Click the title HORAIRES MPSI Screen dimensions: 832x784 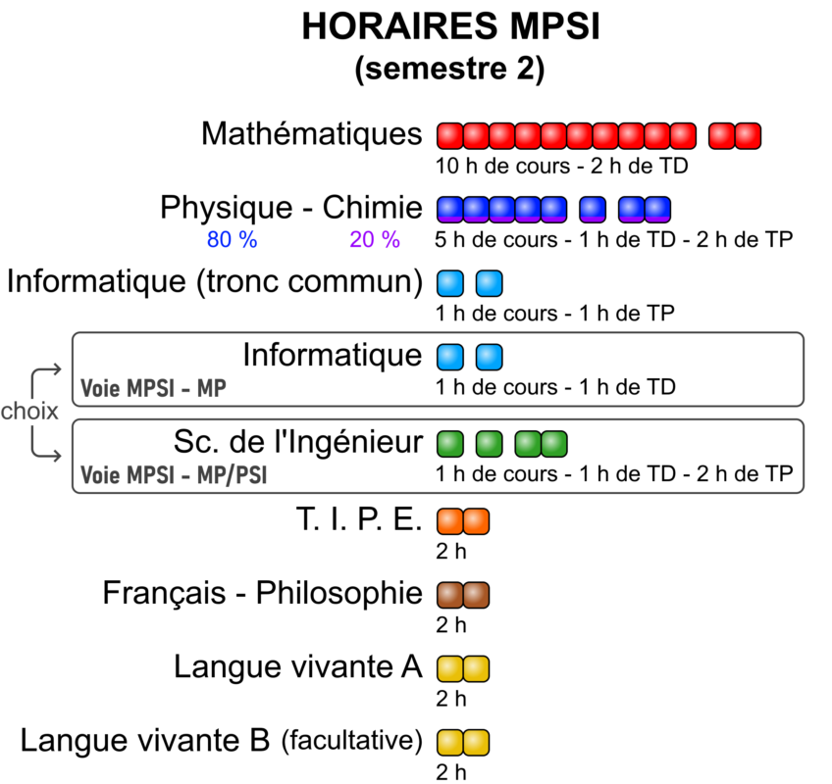pyautogui.click(x=450, y=26)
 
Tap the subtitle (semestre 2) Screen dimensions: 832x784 pyautogui.click(x=450, y=69)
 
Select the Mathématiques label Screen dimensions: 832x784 pyautogui.click(x=312, y=133)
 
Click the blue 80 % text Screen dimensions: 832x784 pyautogui.click(x=232, y=239)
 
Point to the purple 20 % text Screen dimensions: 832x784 pyautogui.click(x=375, y=239)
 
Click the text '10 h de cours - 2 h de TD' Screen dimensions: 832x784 pyautogui.click(x=562, y=166)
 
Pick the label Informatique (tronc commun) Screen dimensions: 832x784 pyautogui.click(x=215, y=281)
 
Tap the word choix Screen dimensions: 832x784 pyautogui.click(x=29, y=412)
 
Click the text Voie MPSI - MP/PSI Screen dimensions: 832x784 pyautogui.click(x=174, y=475)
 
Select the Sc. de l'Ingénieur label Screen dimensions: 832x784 pyautogui.click(x=298, y=442)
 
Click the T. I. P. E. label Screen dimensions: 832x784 pyautogui.click(x=359, y=519)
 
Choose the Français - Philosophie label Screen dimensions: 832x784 pyautogui.click(x=263, y=593)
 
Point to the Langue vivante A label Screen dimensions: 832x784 pyautogui.click(x=298, y=666)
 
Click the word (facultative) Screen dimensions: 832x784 pyautogui.click(x=352, y=740)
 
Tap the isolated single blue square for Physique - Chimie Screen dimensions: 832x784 pyautogui.click(x=593, y=210)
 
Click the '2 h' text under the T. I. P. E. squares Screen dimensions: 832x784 pyautogui.click(x=451, y=552)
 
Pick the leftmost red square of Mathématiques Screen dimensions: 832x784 pyautogui.click(x=450, y=135)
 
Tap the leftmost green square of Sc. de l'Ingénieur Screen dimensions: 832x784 pyautogui.click(x=450, y=444)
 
